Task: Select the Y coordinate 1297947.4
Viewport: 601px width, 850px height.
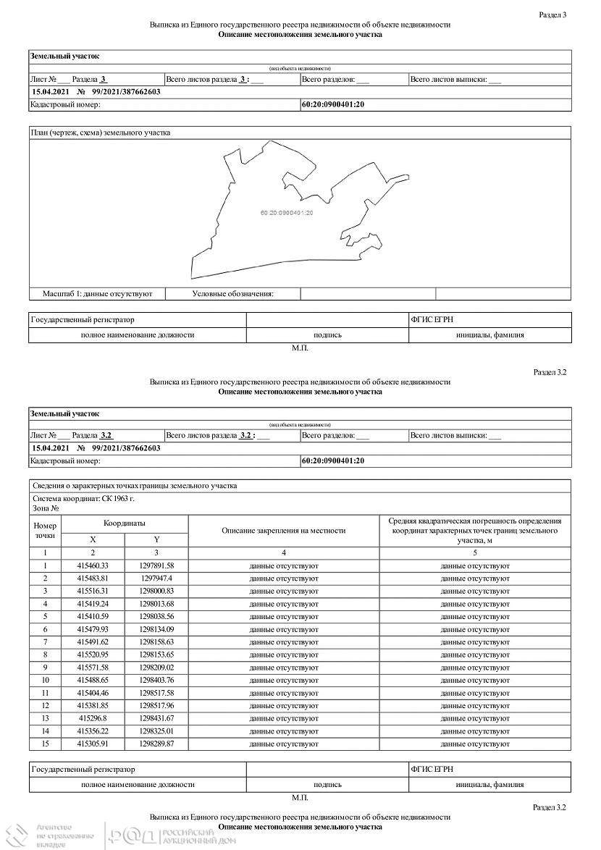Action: coord(156,578)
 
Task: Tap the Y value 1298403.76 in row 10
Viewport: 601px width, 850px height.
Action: coord(156,681)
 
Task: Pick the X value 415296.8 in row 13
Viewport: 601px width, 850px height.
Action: coord(93,718)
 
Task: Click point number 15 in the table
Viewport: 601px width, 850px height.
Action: coord(45,744)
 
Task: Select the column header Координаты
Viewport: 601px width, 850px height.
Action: coord(124,523)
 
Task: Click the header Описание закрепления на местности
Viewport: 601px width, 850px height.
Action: coord(283,530)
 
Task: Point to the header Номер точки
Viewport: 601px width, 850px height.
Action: coord(45,530)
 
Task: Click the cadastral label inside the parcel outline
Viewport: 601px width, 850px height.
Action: coord(287,213)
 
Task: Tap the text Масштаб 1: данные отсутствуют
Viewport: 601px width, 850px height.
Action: coord(97,294)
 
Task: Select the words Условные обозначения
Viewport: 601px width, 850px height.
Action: coord(232,294)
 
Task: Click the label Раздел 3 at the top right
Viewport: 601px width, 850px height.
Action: coord(553,14)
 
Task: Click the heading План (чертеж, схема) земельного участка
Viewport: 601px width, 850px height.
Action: coord(101,132)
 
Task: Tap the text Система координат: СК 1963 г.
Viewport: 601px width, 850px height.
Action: coord(84,499)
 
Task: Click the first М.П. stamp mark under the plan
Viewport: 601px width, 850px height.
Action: coord(300,348)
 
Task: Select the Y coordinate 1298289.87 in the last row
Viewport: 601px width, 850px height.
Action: coord(156,744)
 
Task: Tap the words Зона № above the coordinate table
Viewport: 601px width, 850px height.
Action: coord(46,509)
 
